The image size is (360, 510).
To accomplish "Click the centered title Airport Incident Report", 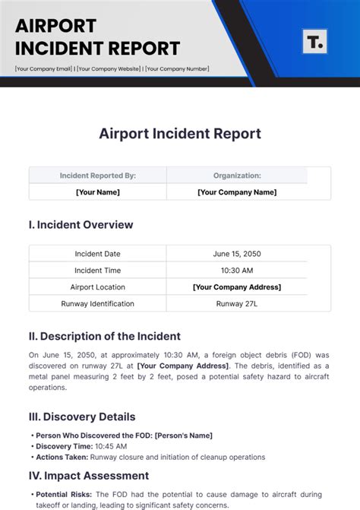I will [180, 134].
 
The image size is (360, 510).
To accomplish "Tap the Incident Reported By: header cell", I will [98, 176].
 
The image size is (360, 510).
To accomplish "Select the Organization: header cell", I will [237, 176].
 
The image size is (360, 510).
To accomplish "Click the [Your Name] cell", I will [98, 192].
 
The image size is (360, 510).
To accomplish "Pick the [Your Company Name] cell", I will [237, 192].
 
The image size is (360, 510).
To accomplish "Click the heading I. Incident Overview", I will [81, 225].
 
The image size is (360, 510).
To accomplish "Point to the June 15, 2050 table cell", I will [237, 254].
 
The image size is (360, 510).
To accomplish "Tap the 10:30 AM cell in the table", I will [237, 271].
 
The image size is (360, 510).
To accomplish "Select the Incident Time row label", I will [98, 271].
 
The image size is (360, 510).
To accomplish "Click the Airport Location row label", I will [98, 287].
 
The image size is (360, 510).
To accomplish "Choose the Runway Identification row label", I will [98, 304].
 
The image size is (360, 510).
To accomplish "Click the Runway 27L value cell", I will [237, 304].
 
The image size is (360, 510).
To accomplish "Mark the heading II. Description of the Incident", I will [105, 336].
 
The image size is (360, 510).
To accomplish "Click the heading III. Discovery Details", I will [82, 417].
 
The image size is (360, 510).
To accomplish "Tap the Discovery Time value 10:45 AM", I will [110, 447].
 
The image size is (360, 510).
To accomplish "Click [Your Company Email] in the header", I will [44, 69].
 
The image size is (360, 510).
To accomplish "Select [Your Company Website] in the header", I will [109, 69].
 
